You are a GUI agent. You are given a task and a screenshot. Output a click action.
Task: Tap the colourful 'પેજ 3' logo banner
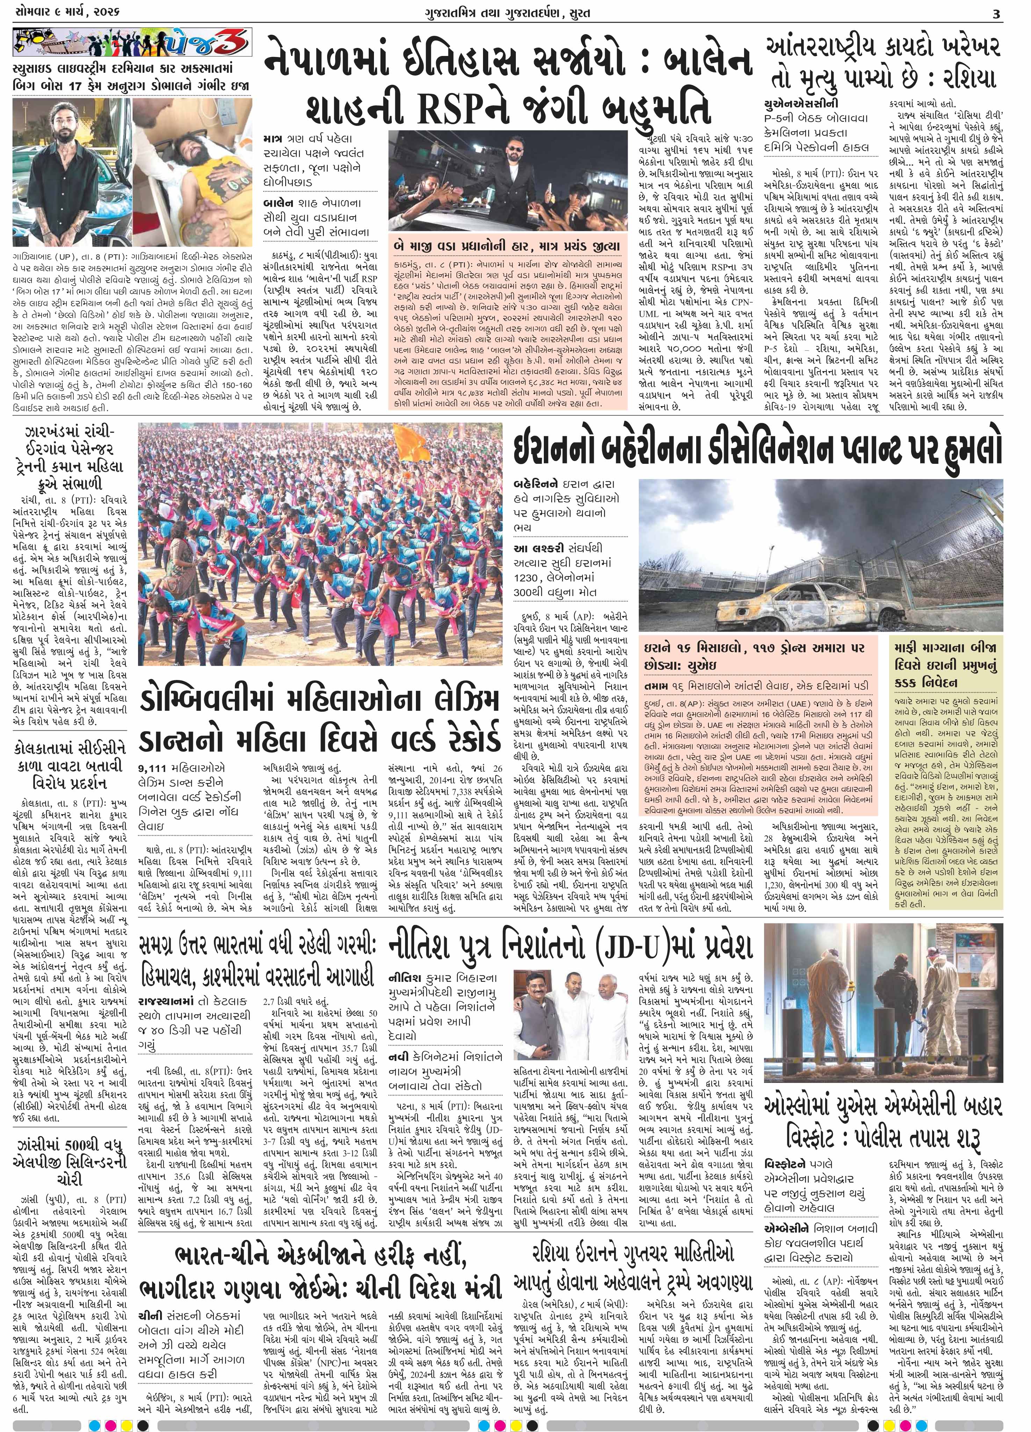click(132, 44)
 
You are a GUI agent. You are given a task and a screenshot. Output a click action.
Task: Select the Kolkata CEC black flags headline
click(70, 765)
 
